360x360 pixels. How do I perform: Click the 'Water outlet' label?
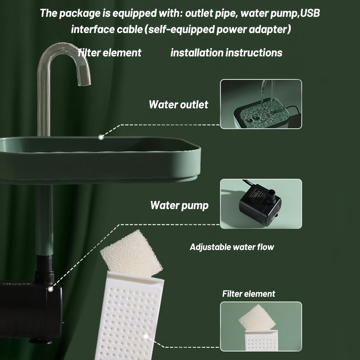click(x=178, y=104)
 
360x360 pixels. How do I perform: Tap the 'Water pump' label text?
click(x=179, y=205)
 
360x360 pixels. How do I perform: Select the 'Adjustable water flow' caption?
click(x=232, y=247)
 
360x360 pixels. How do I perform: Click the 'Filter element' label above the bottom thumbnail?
click(x=249, y=293)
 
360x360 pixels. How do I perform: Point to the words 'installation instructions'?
click(x=226, y=53)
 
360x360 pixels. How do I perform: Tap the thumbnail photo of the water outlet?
click(x=261, y=104)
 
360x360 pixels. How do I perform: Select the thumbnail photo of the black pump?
click(x=261, y=203)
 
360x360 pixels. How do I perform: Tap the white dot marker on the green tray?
click(x=101, y=137)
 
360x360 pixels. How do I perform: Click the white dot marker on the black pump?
click(x=51, y=289)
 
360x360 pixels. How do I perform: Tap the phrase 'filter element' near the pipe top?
click(x=109, y=53)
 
